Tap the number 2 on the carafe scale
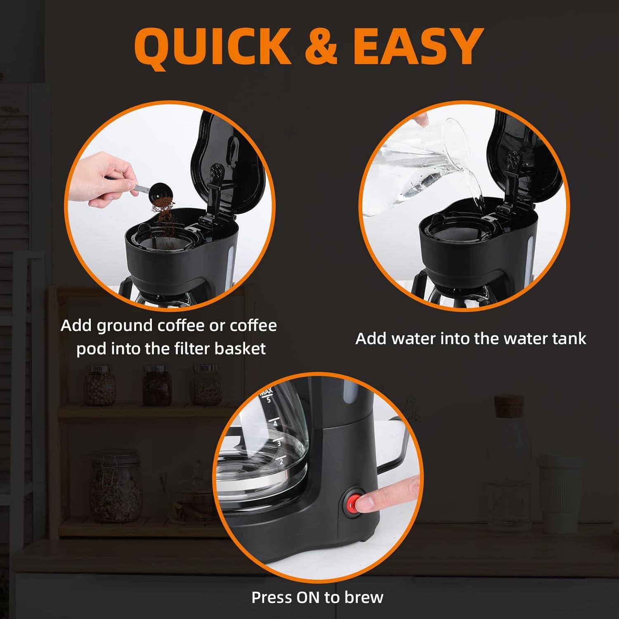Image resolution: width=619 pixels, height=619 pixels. click(x=281, y=461)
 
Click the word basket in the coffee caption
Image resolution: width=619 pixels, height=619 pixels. click(x=240, y=349)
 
